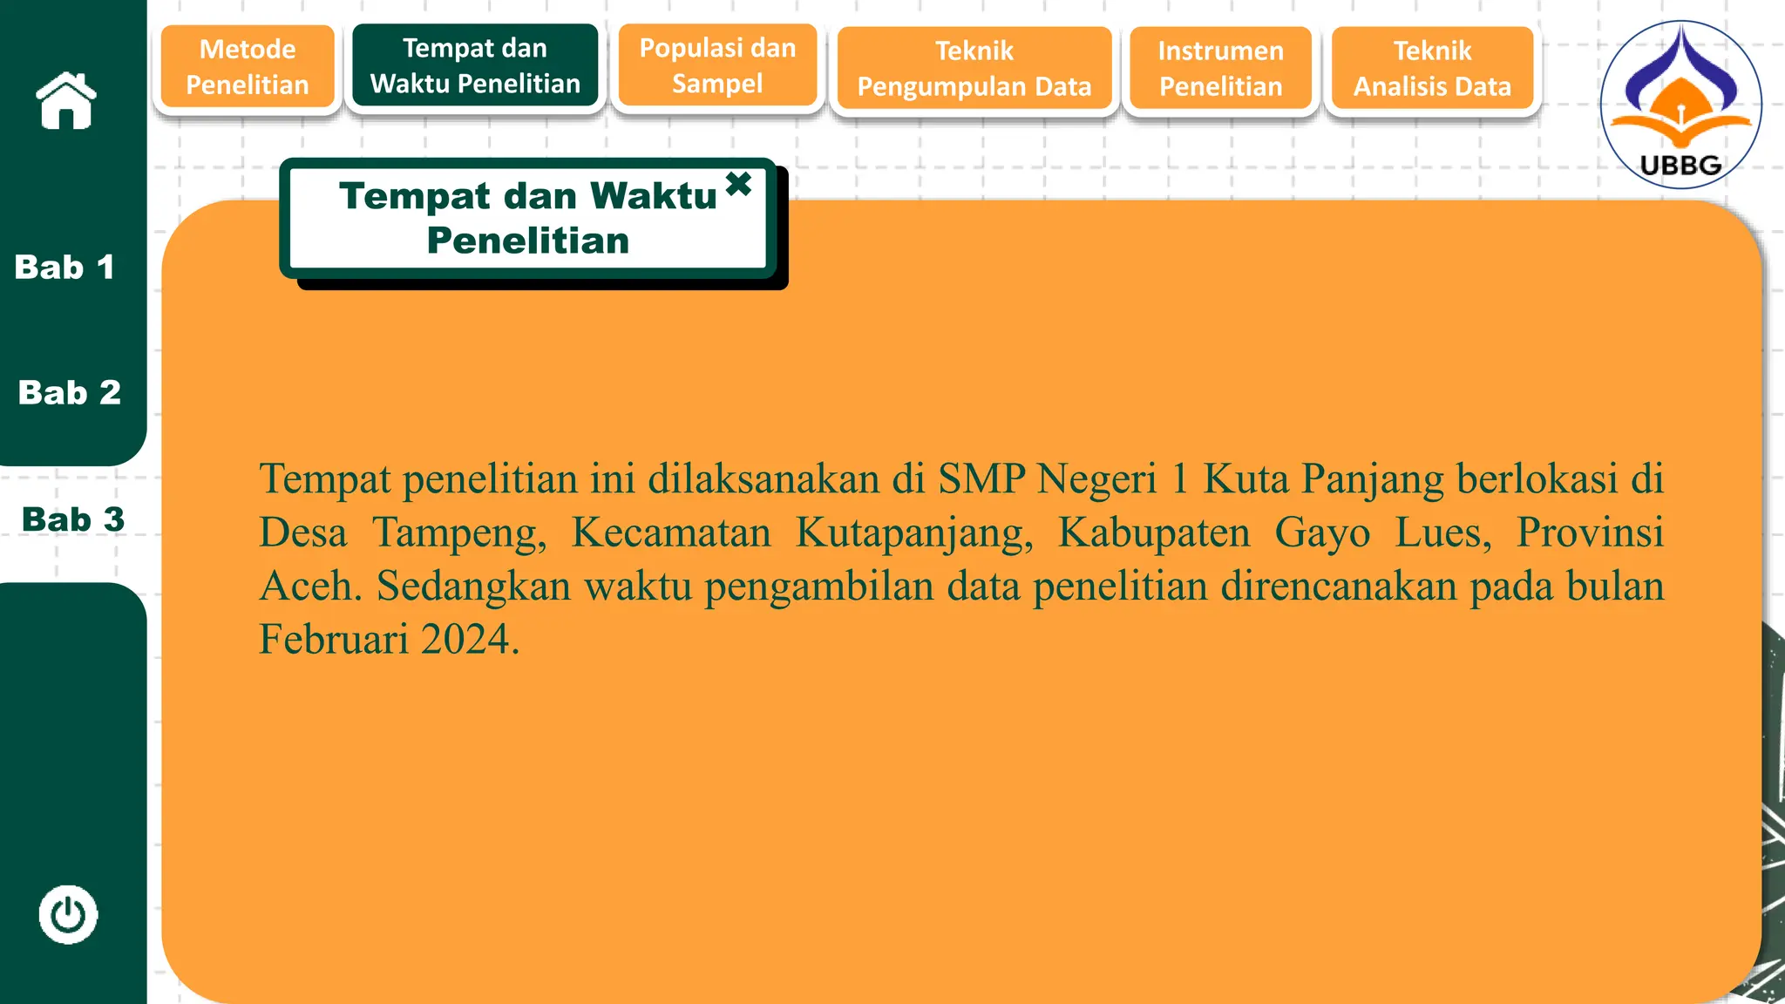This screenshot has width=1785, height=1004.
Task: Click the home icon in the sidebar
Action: click(x=66, y=101)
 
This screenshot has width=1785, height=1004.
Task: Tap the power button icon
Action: click(x=68, y=915)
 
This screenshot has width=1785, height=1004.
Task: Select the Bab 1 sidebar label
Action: click(x=64, y=268)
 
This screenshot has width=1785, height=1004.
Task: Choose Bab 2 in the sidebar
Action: click(x=70, y=393)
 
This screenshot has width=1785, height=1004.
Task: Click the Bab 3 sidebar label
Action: click(x=73, y=519)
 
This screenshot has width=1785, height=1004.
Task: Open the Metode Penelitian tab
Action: click(x=248, y=67)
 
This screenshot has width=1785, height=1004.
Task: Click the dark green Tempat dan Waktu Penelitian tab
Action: click(x=475, y=65)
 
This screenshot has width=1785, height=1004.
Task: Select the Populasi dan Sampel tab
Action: click(x=717, y=65)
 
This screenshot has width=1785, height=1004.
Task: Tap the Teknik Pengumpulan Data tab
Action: click(x=974, y=68)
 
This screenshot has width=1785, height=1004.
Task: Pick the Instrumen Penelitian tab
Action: click(x=1220, y=68)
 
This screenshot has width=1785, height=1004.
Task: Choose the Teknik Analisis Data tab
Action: click(x=1432, y=68)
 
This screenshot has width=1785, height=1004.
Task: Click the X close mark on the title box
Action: click(x=738, y=184)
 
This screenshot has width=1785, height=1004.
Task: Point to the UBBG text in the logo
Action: click(x=1680, y=166)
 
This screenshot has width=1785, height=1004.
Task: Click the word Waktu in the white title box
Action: click(x=653, y=196)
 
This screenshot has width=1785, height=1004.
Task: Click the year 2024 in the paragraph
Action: click(x=471, y=639)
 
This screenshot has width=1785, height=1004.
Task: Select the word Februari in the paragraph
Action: click(x=334, y=639)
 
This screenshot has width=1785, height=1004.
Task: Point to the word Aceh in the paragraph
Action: click(x=310, y=586)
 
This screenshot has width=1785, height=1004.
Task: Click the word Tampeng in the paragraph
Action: click(x=459, y=533)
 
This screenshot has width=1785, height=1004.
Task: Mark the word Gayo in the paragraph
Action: click(x=1322, y=533)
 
